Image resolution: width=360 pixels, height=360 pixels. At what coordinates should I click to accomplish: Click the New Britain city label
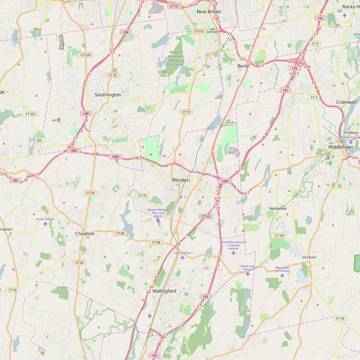pos(209,11)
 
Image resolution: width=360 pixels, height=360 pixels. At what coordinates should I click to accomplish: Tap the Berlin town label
pos(243,66)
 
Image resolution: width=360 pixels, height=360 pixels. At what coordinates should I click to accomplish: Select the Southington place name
pos(108,95)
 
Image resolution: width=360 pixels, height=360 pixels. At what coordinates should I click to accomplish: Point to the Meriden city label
pos(181,180)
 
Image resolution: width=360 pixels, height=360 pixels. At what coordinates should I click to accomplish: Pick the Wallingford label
pos(164,291)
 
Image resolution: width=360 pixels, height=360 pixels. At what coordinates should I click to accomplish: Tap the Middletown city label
pos(340,147)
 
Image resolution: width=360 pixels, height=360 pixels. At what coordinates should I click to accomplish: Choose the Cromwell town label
pos(346,102)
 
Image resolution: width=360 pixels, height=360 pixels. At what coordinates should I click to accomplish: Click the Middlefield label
pos(278,208)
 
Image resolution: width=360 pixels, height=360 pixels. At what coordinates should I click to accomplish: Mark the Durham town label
pos(310,257)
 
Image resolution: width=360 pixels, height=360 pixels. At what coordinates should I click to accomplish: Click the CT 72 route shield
pos(174,6)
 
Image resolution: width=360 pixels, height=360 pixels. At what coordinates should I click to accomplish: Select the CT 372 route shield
pos(199,31)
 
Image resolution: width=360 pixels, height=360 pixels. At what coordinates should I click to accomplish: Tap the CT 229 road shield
pos(85,55)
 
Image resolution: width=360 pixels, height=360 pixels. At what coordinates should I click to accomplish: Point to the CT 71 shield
pos(186,112)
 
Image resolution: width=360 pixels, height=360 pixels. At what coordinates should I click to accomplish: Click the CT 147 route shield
pos(279,236)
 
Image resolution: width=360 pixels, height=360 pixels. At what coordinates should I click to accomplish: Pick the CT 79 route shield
pos(340,319)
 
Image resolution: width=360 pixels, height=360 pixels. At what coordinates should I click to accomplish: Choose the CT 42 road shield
pos(12,290)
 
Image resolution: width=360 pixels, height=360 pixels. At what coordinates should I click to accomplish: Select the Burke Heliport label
pos(45,220)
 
